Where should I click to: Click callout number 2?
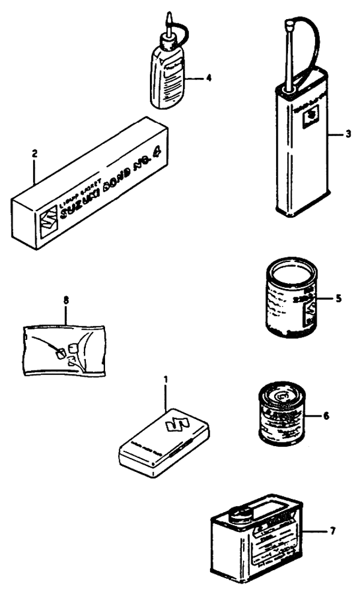pos(35,153)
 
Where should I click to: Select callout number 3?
pos(347,133)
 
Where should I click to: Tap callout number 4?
pos(208,77)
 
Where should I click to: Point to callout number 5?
pos(338,297)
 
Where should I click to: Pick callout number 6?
pos(326,414)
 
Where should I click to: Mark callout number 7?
pos(333,531)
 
